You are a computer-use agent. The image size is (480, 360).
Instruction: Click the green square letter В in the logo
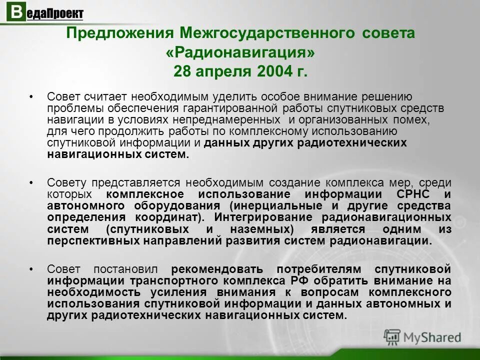click(16, 12)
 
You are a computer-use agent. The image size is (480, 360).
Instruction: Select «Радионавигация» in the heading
click(240, 52)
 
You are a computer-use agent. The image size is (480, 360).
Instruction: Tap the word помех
click(412, 120)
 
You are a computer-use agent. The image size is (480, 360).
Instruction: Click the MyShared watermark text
click(432, 337)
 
